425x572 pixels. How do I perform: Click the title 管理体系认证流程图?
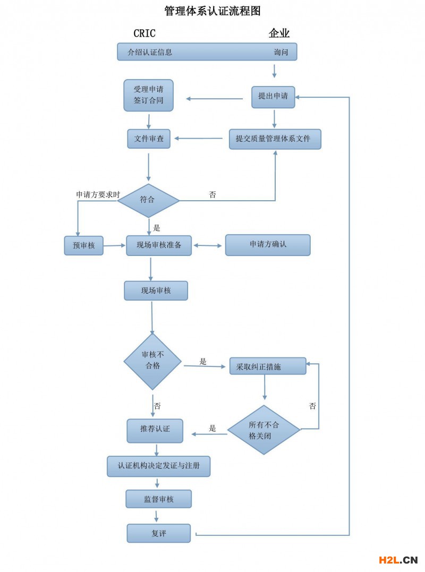coord(212,11)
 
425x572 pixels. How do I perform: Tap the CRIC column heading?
coord(144,33)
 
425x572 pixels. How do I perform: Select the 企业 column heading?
coord(279,33)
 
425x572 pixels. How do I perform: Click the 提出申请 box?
coord(273,97)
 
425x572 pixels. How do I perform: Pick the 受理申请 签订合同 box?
coord(148,95)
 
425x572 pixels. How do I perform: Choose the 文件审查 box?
coord(149,139)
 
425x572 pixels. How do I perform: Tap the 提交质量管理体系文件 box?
coord(275,139)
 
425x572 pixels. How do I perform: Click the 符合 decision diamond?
coord(148,200)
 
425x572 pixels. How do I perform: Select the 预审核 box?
coord(83,245)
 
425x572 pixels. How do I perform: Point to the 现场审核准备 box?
coord(159,245)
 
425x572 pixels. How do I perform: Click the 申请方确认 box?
coord(268,245)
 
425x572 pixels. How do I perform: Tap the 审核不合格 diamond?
coord(152,361)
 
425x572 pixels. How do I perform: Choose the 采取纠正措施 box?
coord(268,366)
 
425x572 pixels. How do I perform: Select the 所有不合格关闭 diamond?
coord(264,430)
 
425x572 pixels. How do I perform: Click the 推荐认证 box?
coord(155,430)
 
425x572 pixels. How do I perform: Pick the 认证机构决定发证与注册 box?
coord(159,466)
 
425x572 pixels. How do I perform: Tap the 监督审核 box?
coord(158,499)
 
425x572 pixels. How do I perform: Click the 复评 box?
coord(158,533)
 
